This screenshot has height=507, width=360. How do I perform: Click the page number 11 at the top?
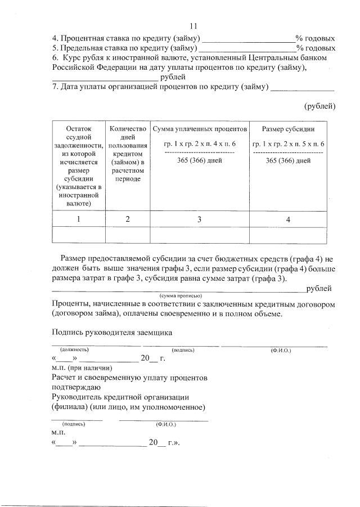194,26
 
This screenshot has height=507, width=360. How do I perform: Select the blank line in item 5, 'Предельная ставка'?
248,49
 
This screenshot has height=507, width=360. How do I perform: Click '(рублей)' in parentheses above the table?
319,106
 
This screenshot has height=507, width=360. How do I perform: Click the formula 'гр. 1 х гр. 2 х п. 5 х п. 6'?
288,145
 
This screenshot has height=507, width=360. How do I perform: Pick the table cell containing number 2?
128,219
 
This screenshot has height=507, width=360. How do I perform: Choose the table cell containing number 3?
199,219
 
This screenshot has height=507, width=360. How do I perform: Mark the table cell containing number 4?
288,219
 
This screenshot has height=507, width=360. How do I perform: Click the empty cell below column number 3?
199,234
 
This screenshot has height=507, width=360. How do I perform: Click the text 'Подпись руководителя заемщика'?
111,332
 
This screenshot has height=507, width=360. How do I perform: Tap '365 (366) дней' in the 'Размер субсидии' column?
288,160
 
